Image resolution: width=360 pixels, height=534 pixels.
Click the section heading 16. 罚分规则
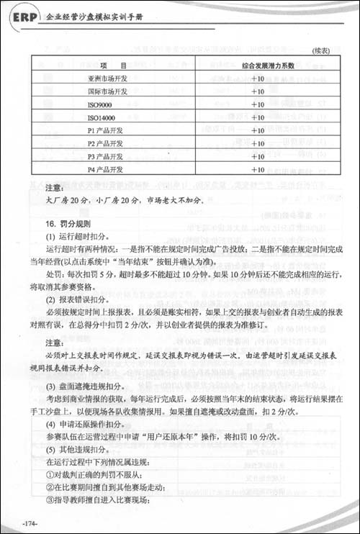click(68, 224)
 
